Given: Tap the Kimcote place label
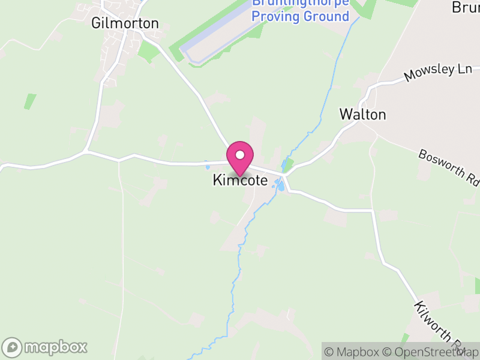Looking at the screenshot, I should click(x=240, y=180).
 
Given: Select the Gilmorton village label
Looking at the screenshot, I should click(x=125, y=23).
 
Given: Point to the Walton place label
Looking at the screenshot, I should click(x=362, y=114).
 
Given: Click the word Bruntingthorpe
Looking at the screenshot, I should click(x=300, y=2).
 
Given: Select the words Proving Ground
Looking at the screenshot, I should click(x=300, y=16).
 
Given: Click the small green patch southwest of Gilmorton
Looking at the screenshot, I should click(x=30, y=101).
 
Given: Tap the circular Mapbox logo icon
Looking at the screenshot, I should click(x=12, y=347).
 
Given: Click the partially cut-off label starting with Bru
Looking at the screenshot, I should click(x=466, y=7).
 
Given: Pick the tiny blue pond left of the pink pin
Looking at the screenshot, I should click(x=207, y=164).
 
